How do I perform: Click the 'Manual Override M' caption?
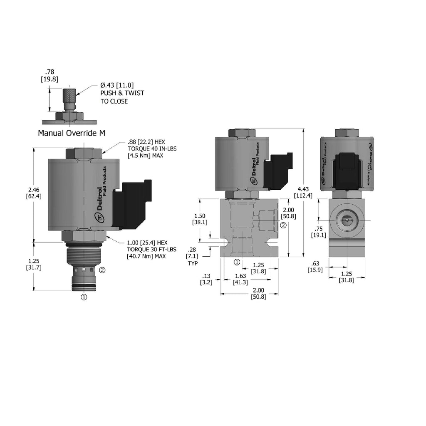point(72,133)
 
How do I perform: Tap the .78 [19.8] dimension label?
point(50,76)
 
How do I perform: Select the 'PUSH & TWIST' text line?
point(122,93)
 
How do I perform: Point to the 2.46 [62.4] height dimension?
point(34,193)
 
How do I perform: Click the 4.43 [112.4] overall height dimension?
point(303,192)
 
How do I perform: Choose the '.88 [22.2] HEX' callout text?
point(146,142)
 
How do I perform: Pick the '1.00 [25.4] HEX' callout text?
point(147,243)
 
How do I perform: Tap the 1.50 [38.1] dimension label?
point(200,219)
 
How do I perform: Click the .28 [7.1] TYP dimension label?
point(192,256)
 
